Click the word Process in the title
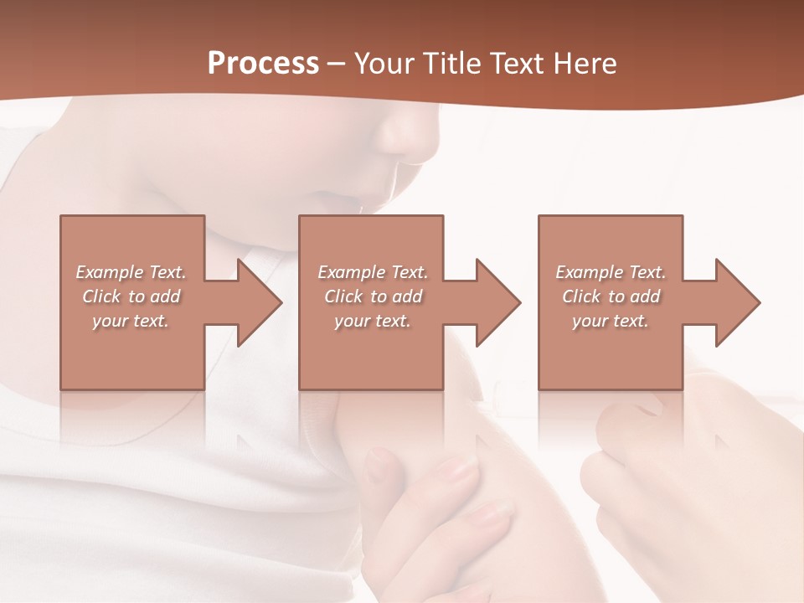[x=263, y=64]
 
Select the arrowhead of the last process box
[x=736, y=302]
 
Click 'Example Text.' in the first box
[x=131, y=272]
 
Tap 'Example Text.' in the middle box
[x=373, y=272]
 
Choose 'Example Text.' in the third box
[x=611, y=272]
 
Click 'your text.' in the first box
[x=131, y=321]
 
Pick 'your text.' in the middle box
[x=372, y=321]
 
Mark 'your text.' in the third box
[x=610, y=321]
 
